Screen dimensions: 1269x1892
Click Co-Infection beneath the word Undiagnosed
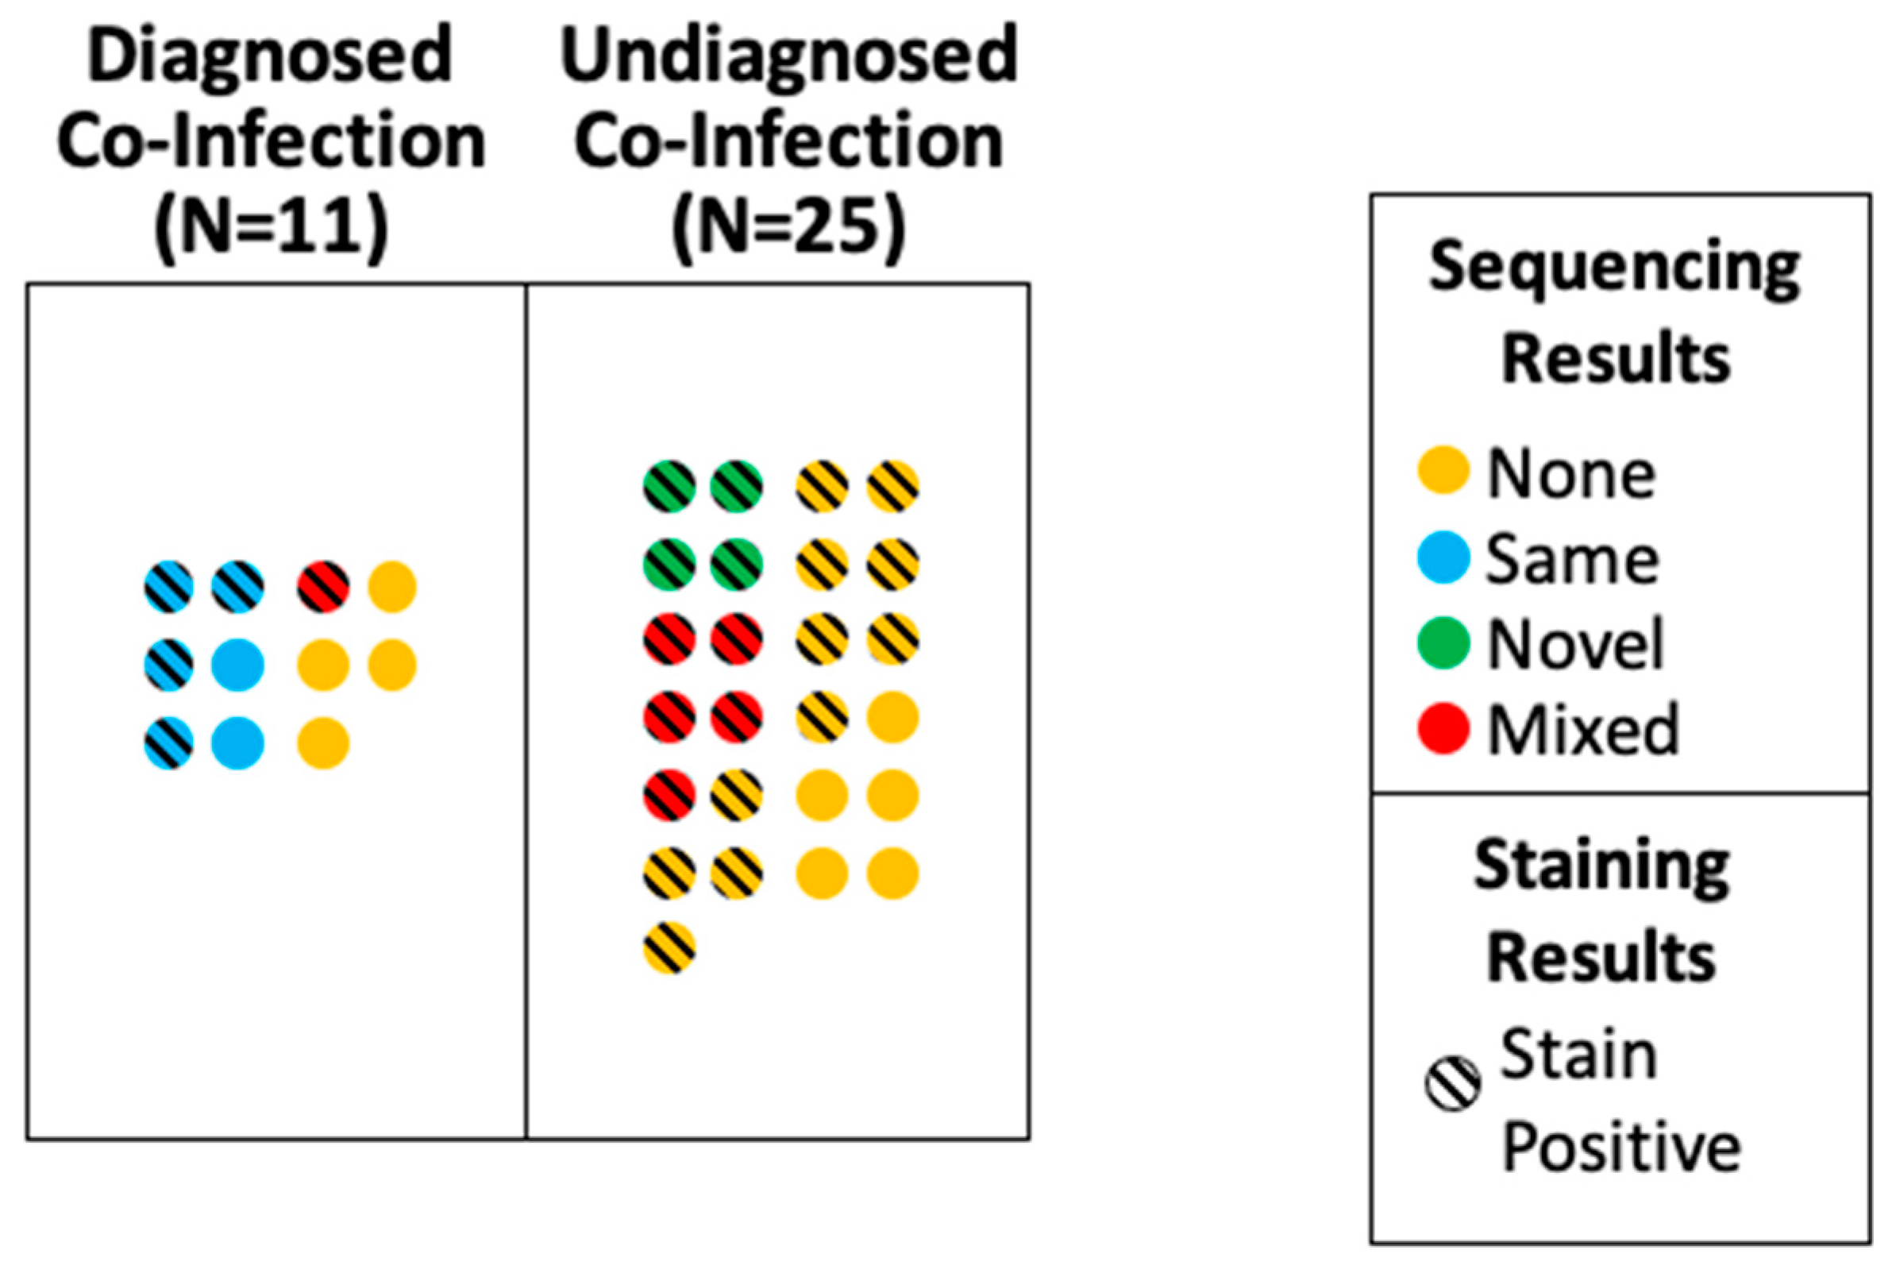pyautogui.click(x=788, y=142)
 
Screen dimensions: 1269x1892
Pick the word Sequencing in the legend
pyautogui.click(x=1615, y=270)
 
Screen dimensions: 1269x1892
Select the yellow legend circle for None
pyautogui.click(x=1443, y=470)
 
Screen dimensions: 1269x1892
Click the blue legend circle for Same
pyautogui.click(x=1443, y=557)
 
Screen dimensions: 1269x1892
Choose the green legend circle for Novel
pyautogui.click(x=1443, y=643)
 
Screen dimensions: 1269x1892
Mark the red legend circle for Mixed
pyautogui.click(x=1443, y=729)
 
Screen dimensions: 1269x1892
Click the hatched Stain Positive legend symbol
pyautogui.click(x=1453, y=1084)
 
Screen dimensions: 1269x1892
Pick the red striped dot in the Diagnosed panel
pyautogui.click(x=324, y=587)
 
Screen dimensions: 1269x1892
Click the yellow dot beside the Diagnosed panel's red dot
pyautogui.click(x=392, y=587)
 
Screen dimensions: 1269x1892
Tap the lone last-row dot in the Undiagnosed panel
pyautogui.click(x=669, y=947)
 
